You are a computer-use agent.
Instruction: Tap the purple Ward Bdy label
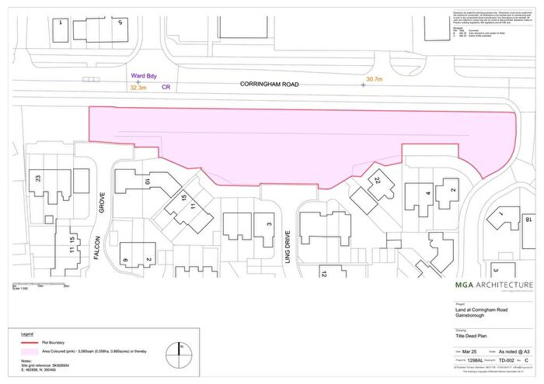pyautogui.click(x=144, y=76)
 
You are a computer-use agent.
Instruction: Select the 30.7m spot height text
pyautogui.click(x=375, y=79)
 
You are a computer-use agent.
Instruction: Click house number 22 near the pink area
pyautogui.click(x=378, y=181)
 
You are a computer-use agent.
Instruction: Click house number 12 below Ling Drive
pyautogui.click(x=323, y=273)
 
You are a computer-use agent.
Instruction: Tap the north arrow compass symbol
pyautogui.click(x=180, y=348)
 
